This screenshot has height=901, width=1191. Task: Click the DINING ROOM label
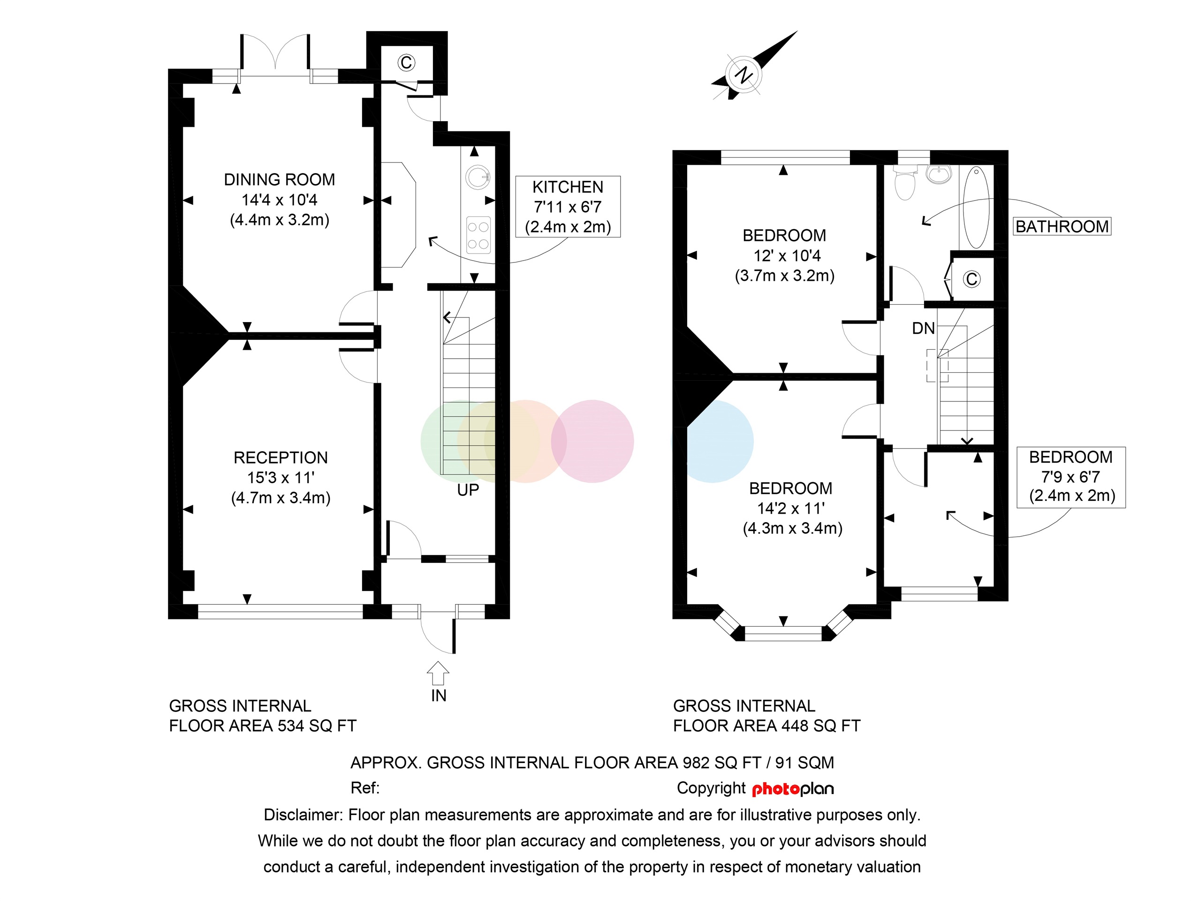point(279,179)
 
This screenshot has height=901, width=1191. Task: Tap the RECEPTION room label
point(281,457)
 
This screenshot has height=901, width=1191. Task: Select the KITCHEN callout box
point(568,207)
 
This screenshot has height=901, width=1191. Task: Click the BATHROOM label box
point(1062,226)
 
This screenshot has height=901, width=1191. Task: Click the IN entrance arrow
point(438,674)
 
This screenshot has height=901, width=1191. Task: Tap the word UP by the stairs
point(467,490)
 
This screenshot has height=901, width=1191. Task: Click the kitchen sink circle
point(478,177)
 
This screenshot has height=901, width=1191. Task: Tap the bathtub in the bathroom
point(976,208)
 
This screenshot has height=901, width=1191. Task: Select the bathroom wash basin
point(939,174)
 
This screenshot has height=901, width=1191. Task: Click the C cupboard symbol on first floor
point(971,279)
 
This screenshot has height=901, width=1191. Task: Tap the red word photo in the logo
point(775,789)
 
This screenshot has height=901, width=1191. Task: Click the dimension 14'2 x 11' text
point(790,508)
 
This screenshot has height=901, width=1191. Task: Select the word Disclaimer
point(303,815)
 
